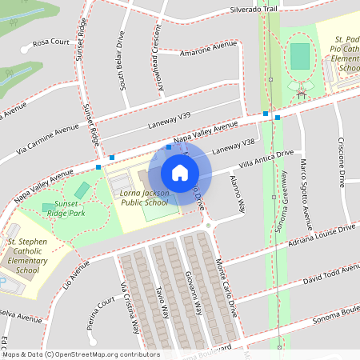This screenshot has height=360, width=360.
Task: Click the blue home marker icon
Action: point(180,173)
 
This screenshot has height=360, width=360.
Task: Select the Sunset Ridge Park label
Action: point(67,208)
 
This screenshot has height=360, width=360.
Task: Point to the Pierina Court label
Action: point(98,316)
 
